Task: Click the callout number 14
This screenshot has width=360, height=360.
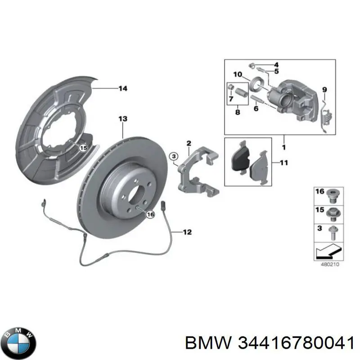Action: click(x=123, y=89)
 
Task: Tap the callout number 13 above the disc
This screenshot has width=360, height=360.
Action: click(x=123, y=119)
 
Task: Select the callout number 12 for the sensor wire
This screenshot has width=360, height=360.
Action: click(x=187, y=232)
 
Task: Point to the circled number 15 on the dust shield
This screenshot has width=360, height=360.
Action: click(x=82, y=147)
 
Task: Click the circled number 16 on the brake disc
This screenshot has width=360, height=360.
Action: click(x=150, y=215)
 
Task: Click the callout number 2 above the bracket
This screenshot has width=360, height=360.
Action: click(x=189, y=144)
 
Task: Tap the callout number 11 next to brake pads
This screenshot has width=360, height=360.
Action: click(x=283, y=163)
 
